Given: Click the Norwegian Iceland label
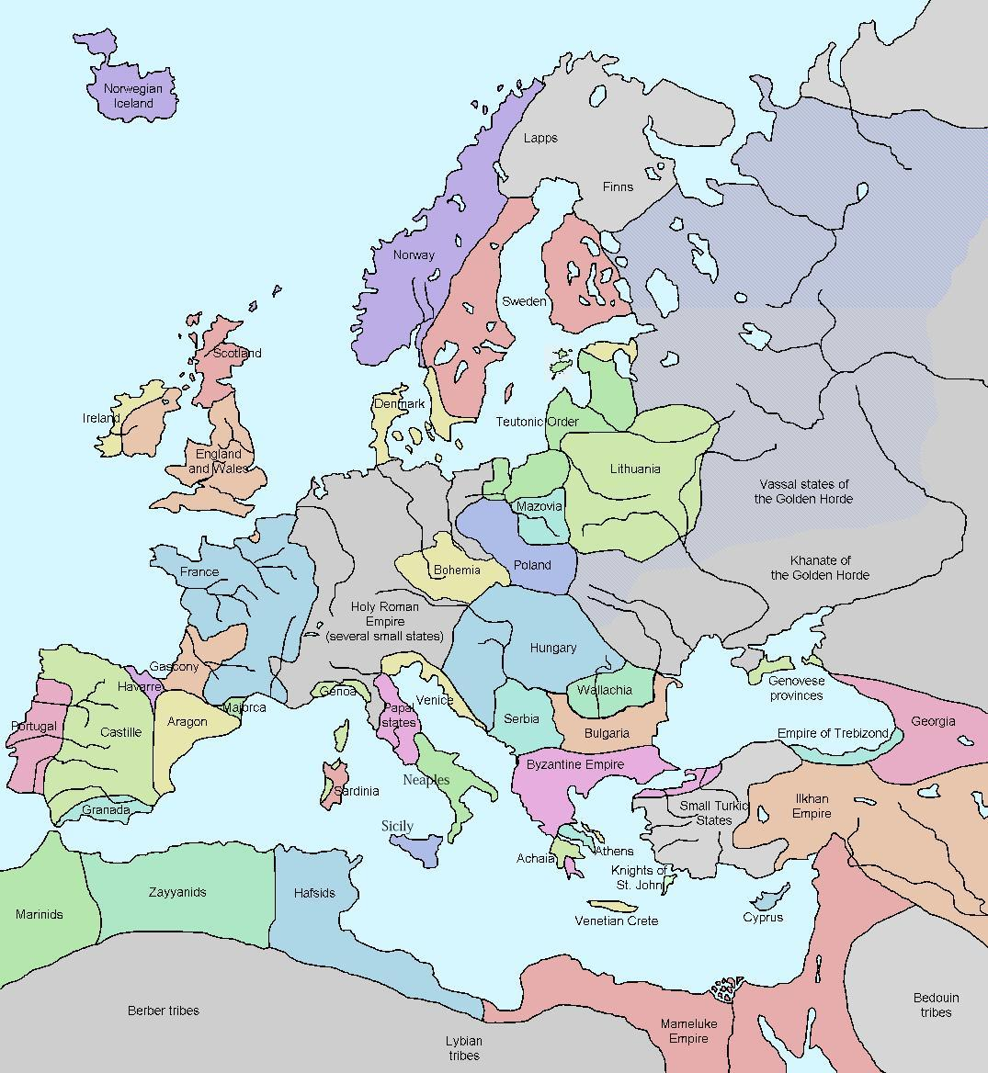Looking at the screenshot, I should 133,96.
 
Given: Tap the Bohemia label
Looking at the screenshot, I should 457,570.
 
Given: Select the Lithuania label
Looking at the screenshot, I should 635,469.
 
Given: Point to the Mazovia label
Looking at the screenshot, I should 539,506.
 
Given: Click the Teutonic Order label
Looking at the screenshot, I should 538,422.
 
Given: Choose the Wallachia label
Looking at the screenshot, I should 605,690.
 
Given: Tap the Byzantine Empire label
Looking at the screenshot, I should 575,764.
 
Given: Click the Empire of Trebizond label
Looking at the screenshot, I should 833,733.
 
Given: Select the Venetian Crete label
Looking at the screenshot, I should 617,921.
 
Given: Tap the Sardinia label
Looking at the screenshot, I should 356,791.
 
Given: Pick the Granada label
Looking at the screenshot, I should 106,810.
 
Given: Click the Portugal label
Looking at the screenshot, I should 33,726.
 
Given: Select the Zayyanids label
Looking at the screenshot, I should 177,892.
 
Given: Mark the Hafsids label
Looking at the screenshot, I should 314,893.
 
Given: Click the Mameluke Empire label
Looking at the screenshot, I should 688,1031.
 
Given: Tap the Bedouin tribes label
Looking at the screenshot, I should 936,1005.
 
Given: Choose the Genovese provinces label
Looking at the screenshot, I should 797,688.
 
